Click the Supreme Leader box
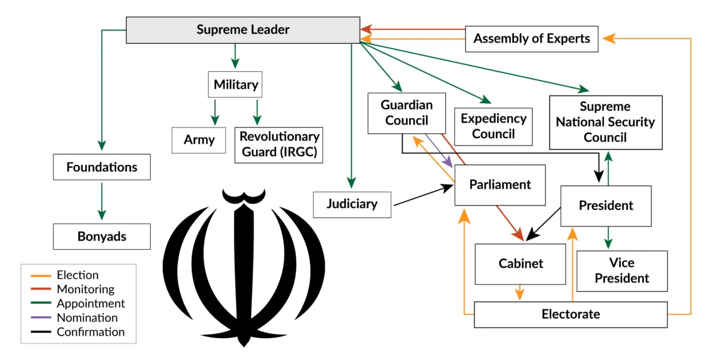(243, 30)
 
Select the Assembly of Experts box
(532, 39)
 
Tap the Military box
(235, 84)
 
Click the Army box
(199, 140)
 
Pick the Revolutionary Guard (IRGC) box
(279, 144)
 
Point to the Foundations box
(102, 167)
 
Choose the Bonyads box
(102, 236)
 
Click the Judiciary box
(352, 204)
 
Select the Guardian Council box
(407, 113)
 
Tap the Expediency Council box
(493, 126)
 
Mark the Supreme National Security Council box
(606, 122)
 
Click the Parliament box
(500, 185)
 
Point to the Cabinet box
(520, 264)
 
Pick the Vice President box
(622, 271)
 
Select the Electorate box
(571, 314)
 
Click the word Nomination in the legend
(87, 317)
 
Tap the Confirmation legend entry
(77, 332)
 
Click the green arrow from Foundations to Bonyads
(102, 201)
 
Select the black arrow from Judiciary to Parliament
(423, 195)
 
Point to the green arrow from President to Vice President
(608, 237)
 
